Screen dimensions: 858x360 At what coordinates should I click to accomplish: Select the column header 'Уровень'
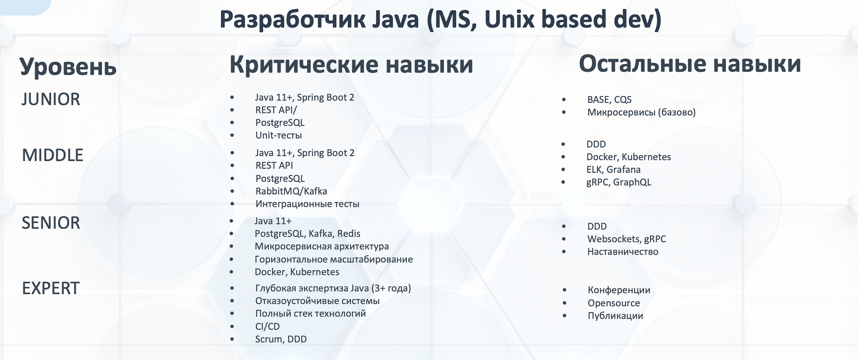point(68,67)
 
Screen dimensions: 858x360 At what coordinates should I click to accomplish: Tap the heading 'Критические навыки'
point(351,65)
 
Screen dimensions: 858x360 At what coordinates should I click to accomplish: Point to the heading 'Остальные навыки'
point(690,64)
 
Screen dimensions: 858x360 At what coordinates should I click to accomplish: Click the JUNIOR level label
point(51,99)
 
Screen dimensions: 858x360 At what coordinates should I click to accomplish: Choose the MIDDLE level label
point(53,155)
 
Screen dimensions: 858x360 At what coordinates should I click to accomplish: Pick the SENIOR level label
point(51,223)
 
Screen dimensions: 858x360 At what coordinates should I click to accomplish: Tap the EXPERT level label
point(51,288)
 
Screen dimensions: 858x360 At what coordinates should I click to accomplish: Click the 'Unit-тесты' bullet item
point(278,135)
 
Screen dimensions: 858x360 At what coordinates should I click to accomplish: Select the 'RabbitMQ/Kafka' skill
point(291,191)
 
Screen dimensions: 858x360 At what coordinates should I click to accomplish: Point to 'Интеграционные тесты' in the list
point(307,204)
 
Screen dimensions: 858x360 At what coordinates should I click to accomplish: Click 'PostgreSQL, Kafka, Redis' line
point(308,234)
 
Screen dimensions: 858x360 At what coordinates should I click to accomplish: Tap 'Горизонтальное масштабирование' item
point(334,259)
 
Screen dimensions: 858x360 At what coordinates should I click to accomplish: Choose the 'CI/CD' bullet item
point(268,327)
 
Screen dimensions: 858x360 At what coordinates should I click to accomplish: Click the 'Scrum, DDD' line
point(281,339)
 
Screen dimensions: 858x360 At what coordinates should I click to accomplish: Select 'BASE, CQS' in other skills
point(609,100)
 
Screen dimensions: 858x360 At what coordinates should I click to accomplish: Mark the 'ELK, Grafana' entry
point(614,170)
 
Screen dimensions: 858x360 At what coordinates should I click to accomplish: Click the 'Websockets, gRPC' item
point(627,239)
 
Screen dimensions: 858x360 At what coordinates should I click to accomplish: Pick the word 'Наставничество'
point(623,252)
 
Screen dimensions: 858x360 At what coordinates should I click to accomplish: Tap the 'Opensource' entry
point(614,303)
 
